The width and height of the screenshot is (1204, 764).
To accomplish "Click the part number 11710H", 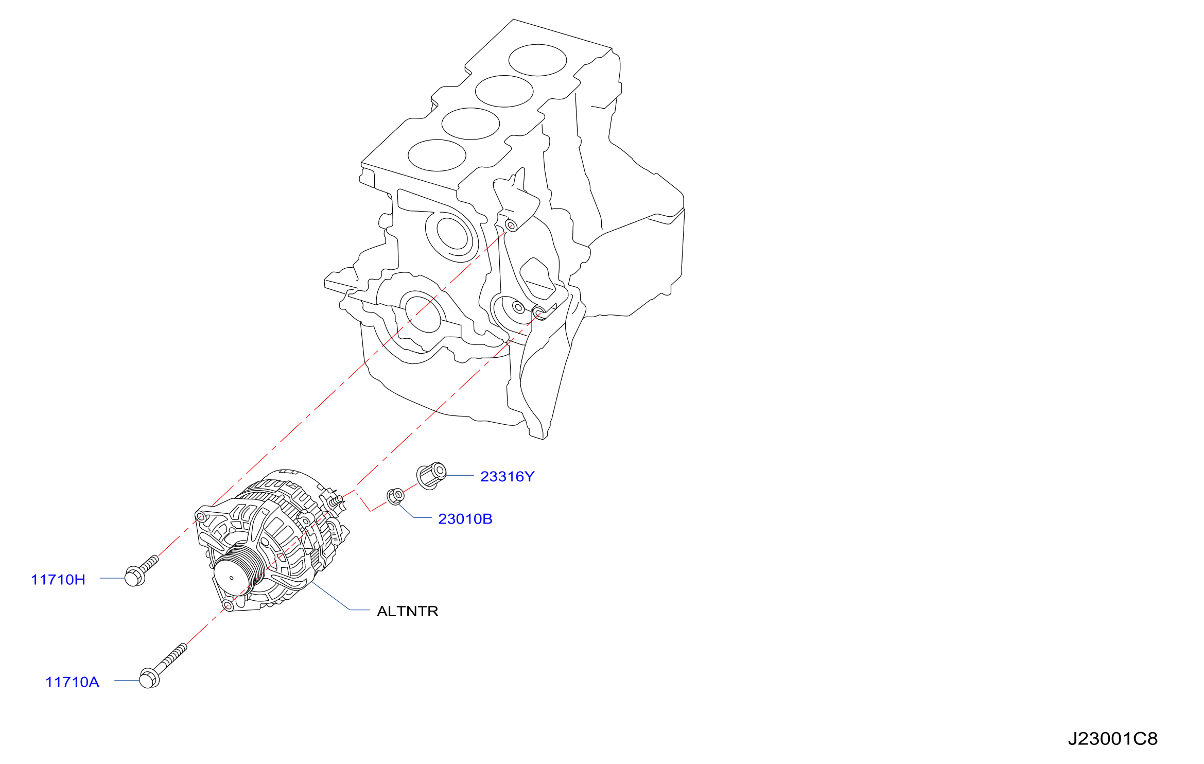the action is tap(58, 580).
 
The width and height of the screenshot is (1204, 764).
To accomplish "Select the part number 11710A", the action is tap(72, 682).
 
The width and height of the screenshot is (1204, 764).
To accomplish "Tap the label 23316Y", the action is tap(508, 477).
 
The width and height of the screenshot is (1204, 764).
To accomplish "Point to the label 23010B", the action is tap(465, 519).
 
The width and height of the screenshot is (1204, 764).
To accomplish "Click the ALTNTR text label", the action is tap(408, 611).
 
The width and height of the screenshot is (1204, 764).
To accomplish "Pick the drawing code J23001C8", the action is tap(1112, 739).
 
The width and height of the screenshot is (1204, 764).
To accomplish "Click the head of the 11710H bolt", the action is tap(134, 577).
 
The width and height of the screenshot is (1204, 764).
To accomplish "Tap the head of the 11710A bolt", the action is tap(149, 678).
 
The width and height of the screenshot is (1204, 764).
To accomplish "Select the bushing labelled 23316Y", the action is tap(431, 476).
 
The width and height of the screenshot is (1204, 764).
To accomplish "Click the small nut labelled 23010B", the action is tap(395, 496).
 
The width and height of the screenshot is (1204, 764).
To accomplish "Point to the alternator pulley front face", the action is tap(232, 578).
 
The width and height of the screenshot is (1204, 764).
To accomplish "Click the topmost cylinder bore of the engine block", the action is tap(537, 60).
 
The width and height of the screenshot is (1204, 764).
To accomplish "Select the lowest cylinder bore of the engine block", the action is tap(437, 155).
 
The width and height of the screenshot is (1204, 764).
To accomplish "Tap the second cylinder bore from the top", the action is tap(504, 91).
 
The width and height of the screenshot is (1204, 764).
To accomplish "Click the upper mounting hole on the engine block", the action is tap(511, 225).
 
